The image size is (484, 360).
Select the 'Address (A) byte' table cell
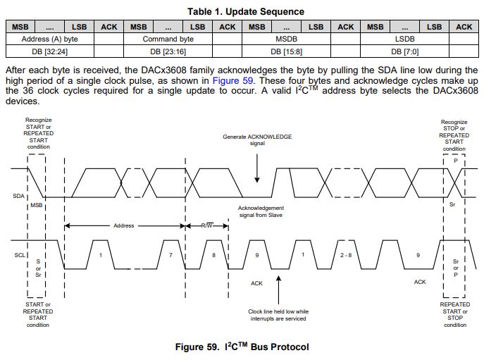(x=50, y=39)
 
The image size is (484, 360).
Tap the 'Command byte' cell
(x=168, y=39)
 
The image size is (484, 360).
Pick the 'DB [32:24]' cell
(x=50, y=51)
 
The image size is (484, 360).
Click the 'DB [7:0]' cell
(x=405, y=51)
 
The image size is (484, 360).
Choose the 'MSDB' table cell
(x=286, y=39)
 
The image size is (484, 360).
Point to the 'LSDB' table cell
(x=405, y=39)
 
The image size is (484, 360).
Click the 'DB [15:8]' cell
(x=286, y=51)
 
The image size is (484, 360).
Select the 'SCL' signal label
(x=19, y=254)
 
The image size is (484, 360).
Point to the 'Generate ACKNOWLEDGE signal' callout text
(x=256, y=139)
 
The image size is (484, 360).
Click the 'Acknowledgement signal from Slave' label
(x=261, y=211)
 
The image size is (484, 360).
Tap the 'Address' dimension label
(x=123, y=226)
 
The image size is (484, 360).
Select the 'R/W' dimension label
(x=206, y=226)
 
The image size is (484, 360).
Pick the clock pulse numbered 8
(x=213, y=254)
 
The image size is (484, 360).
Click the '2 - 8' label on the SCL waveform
(x=345, y=254)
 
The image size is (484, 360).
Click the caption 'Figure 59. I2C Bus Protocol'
(x=242, y=347)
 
